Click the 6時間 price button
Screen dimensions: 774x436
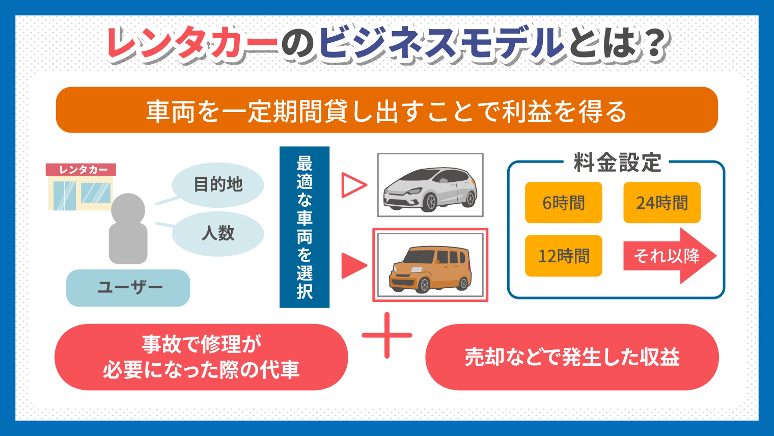click(x=564, y=203)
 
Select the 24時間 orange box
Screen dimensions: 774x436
click(x=662, y=203)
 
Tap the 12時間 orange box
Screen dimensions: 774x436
click(x=564, y=256)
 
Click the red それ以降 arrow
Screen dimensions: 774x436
click(x=670, y=256)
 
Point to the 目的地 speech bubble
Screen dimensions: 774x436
click(x=218, y=185)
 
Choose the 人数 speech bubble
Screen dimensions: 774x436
click(x=218, y=234)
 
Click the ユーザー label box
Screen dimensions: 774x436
click(x=128, y=288)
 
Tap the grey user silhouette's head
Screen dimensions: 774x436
click(x=128, y=209)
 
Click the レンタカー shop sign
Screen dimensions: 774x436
click(x=81, y=170)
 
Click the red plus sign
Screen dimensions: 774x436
click(x=387, y=335)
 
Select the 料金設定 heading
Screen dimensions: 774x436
click(x=618, y=162)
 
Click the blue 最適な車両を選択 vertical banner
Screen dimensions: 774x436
click(x=305, y=227)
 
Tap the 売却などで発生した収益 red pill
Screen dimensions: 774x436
click(x=572, y=357)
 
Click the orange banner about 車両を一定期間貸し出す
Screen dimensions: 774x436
click(x=387, y=110)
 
